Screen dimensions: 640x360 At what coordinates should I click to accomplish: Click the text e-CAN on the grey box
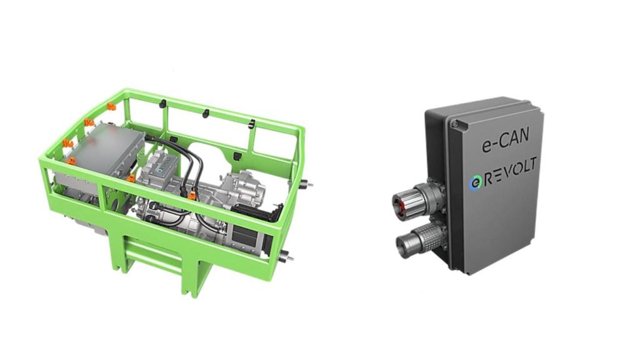pyautogui.click(x=505, y=140)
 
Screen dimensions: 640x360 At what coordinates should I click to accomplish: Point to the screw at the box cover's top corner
pyautogui.click(x=454, y=123)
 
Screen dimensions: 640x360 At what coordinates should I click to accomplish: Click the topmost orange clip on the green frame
pyautogui.click(x=110, y=106)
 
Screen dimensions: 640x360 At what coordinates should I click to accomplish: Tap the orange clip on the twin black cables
pyautogui.click(x=191, y=195)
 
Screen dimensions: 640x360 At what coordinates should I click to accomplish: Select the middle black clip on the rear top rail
pyautogui.click(x=206, y=113)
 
